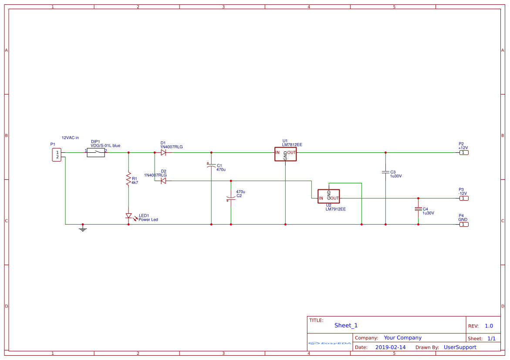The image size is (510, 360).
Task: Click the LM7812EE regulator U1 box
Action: coord(285,154)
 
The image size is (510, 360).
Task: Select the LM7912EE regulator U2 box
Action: coord(328,196)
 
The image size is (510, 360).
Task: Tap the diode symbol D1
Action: coord(163,152)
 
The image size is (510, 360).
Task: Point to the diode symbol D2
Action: coord(163,181)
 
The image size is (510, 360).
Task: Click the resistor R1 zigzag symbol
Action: coord(128,178)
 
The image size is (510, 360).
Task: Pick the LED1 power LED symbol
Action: coord(128,215)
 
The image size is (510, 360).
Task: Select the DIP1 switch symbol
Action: coord(96,152)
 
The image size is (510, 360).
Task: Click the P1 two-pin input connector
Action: coord(57,155)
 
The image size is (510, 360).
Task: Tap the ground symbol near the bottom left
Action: coord(83,228)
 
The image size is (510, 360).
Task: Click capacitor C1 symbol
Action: coord(211,165)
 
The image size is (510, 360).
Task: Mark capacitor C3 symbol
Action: coord(385,172)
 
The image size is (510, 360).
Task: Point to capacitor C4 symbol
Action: coord(418,209)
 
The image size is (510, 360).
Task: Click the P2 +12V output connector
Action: coord(464,152)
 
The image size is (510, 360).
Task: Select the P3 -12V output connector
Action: coord(464,198)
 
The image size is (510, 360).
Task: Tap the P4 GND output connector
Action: coord(464,224)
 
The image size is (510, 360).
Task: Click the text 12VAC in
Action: coord(70,138)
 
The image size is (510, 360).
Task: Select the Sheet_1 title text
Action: coord(346,325)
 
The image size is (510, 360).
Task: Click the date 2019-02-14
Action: coord(390,347)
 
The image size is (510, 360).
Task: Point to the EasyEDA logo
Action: coord(330,343)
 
